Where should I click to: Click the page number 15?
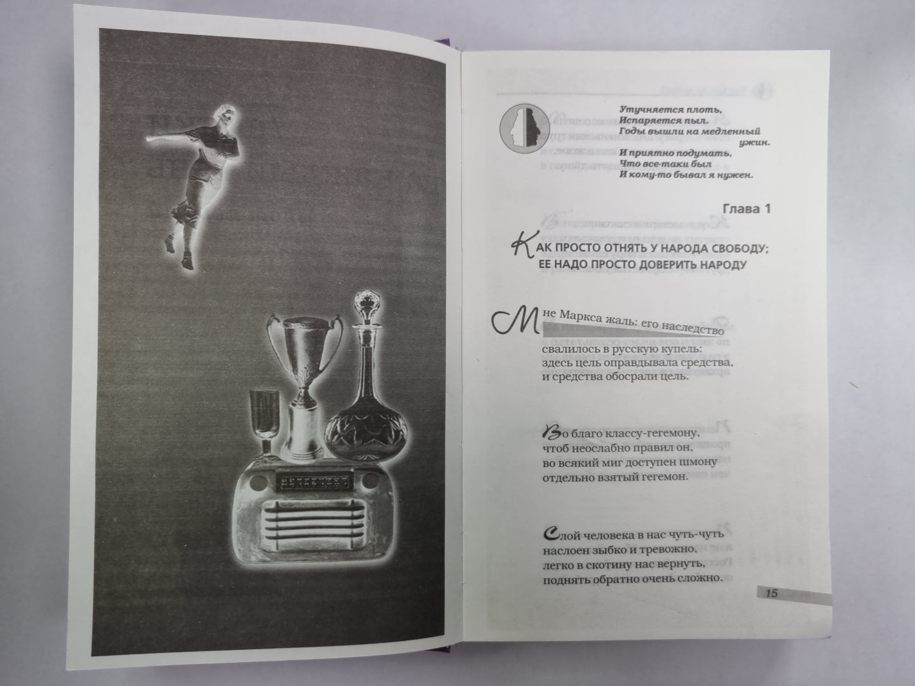[x=772, y=594]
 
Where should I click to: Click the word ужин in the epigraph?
[x=755, y=143]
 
